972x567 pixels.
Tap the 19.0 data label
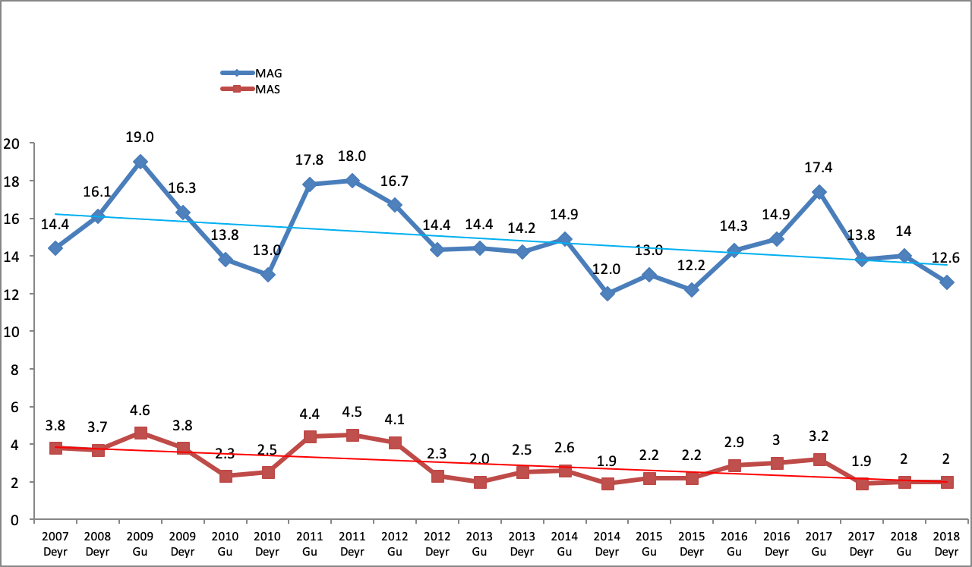click(140, 137)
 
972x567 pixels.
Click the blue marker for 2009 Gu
click(140, 162)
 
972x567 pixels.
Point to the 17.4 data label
click(819, 168)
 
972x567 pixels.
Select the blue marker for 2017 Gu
click(819, 192)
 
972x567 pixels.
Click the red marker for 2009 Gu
click(140, 433)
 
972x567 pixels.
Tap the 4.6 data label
click(140, 411)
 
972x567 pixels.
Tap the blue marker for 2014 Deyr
click(607, 294)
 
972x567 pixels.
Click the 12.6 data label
click(946, 258)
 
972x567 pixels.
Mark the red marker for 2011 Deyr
click(352, 435)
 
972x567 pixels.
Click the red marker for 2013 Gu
click(480, 482)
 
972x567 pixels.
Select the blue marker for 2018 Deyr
click(946, 282)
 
